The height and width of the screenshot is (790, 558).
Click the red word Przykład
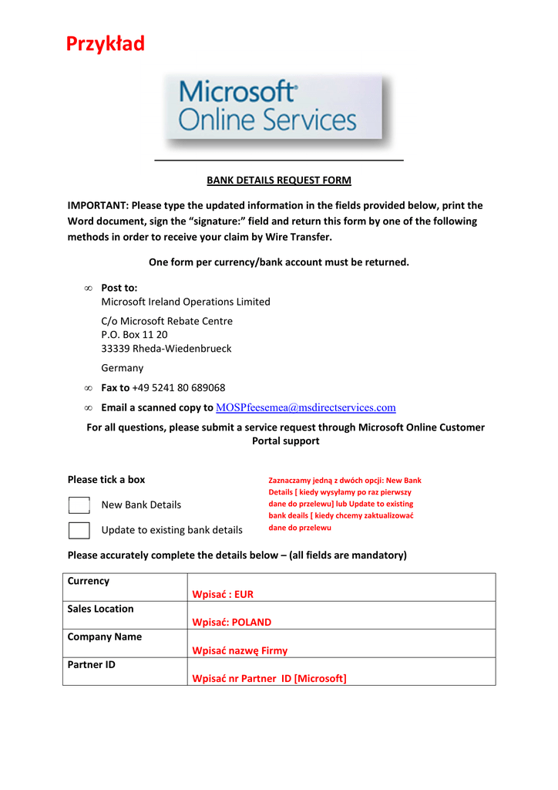pyautogui.click(x=106, y=44)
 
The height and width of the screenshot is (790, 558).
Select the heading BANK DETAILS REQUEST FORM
pyautogui.click(x=278, y=181)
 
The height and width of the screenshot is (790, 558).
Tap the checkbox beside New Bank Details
pyautogui.click(x=79, y=505)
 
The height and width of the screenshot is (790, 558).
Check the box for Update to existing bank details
pyautogui.click(x=79, y=530)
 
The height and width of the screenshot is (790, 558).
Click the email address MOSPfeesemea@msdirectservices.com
pyautogui.click(x=306, y=407)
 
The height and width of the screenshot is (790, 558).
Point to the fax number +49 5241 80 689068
pyautogui.click(x=179, y=387)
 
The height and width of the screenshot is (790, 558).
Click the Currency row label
pyautogui.click(x=89, y=581)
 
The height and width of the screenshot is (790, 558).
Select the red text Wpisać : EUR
pyautogui.click(x=223, y=594)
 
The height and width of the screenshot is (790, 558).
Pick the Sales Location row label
pyautogui.click(x=100, y=609)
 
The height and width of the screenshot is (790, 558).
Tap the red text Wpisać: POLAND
pyautogui.click(x=231, y=622)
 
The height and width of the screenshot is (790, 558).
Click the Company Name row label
pyautogui.click(x=104, y=636)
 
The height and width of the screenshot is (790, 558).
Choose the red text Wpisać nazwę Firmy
pyautogui.click(x=240, y=650)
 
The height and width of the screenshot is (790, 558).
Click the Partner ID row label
pyautogui.click(x=92, y=664)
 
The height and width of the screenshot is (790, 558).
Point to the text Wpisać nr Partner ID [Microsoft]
pyautogui.click(x=269, y=678)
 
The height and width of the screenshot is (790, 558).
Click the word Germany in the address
pyautogui.click(x=123, y=368)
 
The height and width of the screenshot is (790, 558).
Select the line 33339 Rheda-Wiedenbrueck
pyautogui.click(x=166, y=348)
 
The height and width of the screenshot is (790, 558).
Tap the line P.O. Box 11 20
pyautogui.click(x=134, y=335)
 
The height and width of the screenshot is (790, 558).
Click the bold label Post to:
pyautogui.click(x=119, y=288)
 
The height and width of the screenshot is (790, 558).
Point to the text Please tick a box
pyautogui.click(x=106, y=479)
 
